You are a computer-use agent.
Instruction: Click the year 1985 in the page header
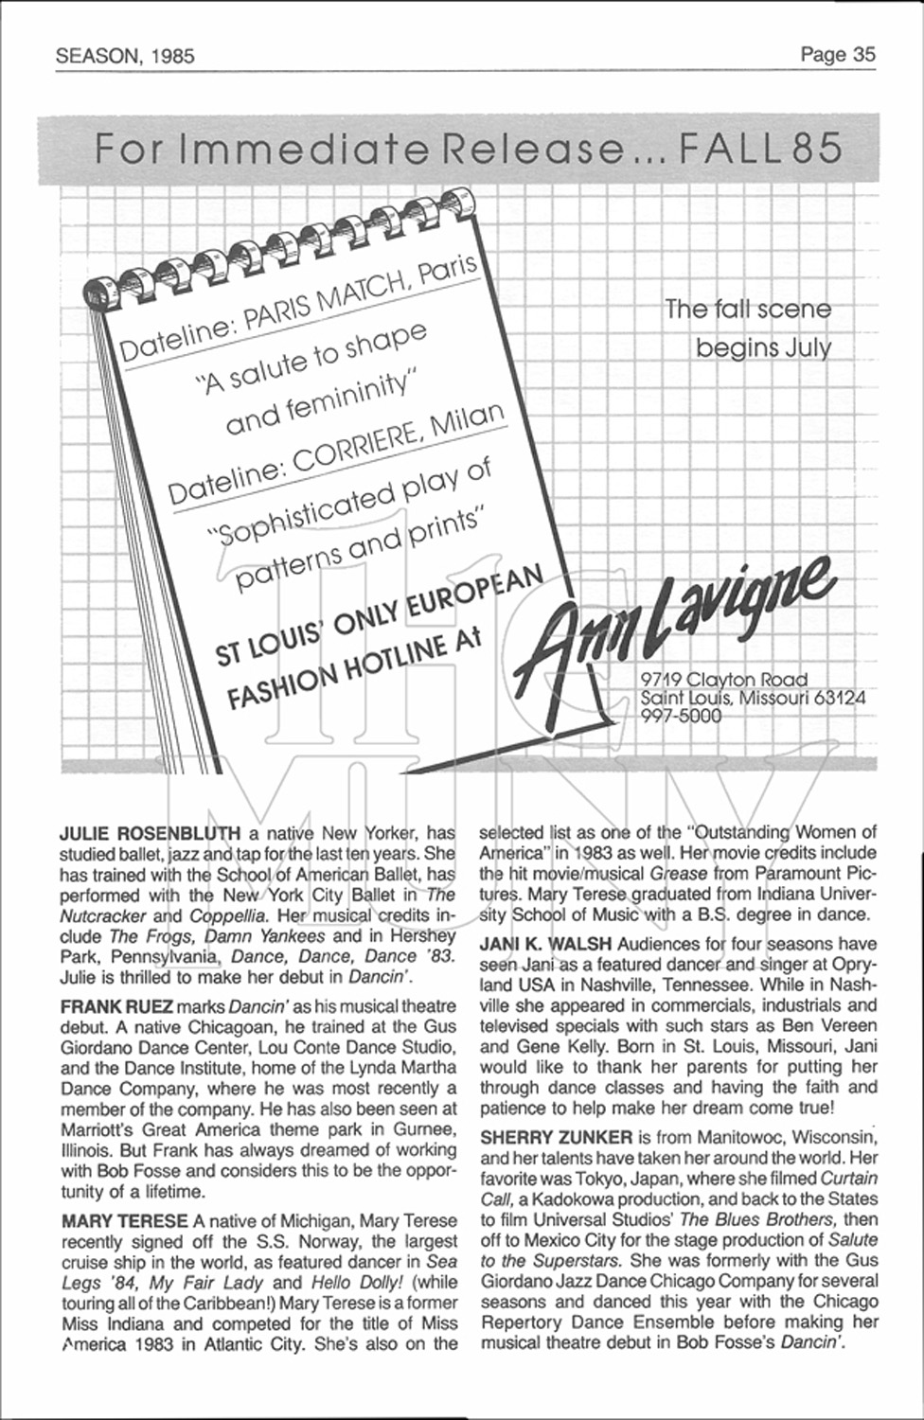(x=170, y=56)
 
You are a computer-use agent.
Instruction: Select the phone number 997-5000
(x=680, y=717)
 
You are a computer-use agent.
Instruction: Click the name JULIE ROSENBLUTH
(x=151, y=833)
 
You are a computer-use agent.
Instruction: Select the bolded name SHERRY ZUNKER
(x=556, y=1136)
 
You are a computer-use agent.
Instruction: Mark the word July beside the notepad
(x=808, y=348)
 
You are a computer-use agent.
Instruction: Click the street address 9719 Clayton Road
(x=724, y=679)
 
